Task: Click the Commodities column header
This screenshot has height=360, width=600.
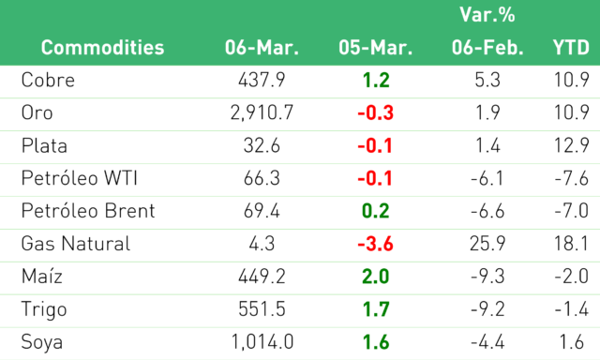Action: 102,48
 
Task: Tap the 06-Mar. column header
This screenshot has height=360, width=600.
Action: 262,48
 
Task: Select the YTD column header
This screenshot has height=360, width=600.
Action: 571,48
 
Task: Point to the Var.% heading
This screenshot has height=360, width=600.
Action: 487,15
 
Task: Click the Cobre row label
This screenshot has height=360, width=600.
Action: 48,80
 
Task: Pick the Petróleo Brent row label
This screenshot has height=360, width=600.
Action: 88,211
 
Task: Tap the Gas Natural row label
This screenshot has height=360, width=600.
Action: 76,244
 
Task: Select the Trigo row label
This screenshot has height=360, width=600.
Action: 44,309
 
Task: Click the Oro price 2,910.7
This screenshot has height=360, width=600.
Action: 262,112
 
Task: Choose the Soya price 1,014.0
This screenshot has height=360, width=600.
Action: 262,341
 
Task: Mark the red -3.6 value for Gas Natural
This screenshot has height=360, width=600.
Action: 375,244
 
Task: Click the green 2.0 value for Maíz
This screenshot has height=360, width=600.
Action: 375,277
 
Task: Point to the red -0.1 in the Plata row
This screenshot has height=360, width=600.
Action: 375,145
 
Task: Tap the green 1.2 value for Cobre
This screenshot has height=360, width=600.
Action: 376,80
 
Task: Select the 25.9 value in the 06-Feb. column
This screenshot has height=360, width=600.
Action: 487,244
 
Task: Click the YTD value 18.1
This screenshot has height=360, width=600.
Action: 572,244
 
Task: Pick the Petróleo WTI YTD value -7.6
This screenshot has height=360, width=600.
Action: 572,178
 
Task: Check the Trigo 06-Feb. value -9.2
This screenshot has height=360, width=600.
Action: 487,309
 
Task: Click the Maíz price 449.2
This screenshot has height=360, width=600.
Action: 262,277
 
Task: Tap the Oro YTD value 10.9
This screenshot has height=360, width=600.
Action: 572,112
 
